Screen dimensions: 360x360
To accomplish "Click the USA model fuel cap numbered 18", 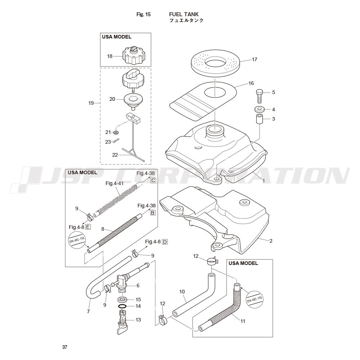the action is pos(134,55).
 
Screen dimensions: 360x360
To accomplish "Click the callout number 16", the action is pos(251,83).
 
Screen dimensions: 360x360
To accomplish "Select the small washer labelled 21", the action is pos(116,132).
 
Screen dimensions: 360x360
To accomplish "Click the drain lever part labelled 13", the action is pos(123,321).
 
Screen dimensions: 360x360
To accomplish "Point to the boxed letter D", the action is pos(165,242).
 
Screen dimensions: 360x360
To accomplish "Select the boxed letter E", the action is pos(88,227).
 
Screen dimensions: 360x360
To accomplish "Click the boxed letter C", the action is pos(153,180).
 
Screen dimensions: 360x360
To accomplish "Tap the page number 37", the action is pos(65,347).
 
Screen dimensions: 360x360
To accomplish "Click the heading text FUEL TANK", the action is pos(184,14).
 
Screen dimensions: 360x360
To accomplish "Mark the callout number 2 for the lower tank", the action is pos(271,241).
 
